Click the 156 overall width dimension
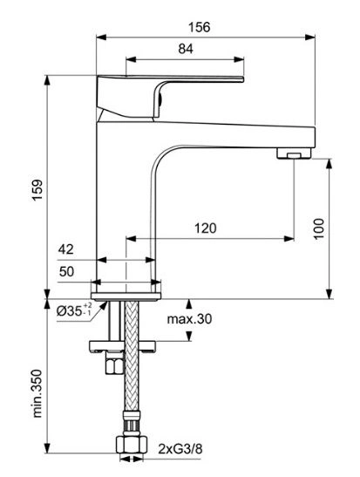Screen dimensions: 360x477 [x=199, y=27]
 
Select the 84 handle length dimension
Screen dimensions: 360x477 [x=186, y=49]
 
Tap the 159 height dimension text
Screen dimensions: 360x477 [x=37, y=190]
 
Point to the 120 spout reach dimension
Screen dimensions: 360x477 [x=206, y=228]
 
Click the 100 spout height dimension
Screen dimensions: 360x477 [x=319, y=228]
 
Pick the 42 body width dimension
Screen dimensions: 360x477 [x=66, y=249]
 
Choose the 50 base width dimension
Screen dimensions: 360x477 [x=66, y=271]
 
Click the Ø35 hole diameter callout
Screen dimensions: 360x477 [x=74, y=310]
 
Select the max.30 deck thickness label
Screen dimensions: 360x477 [x=189, y=319]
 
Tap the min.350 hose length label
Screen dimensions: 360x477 [x=37, y=393]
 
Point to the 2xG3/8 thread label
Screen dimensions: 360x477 [x=180, y=449]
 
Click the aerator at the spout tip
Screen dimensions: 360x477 [x=294, y=153]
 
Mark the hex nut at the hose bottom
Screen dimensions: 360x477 [x=132, y=445]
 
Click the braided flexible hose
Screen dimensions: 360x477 [x=132, y=356]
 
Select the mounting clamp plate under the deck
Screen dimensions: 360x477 [x=122, y=346]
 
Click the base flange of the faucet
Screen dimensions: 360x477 [x=126, y=296]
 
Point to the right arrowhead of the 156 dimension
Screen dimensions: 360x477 [x=310, y=37]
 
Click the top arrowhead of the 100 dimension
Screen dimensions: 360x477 [x=329, y=164]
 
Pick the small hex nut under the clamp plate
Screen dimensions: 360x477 [x=114, y=363]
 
